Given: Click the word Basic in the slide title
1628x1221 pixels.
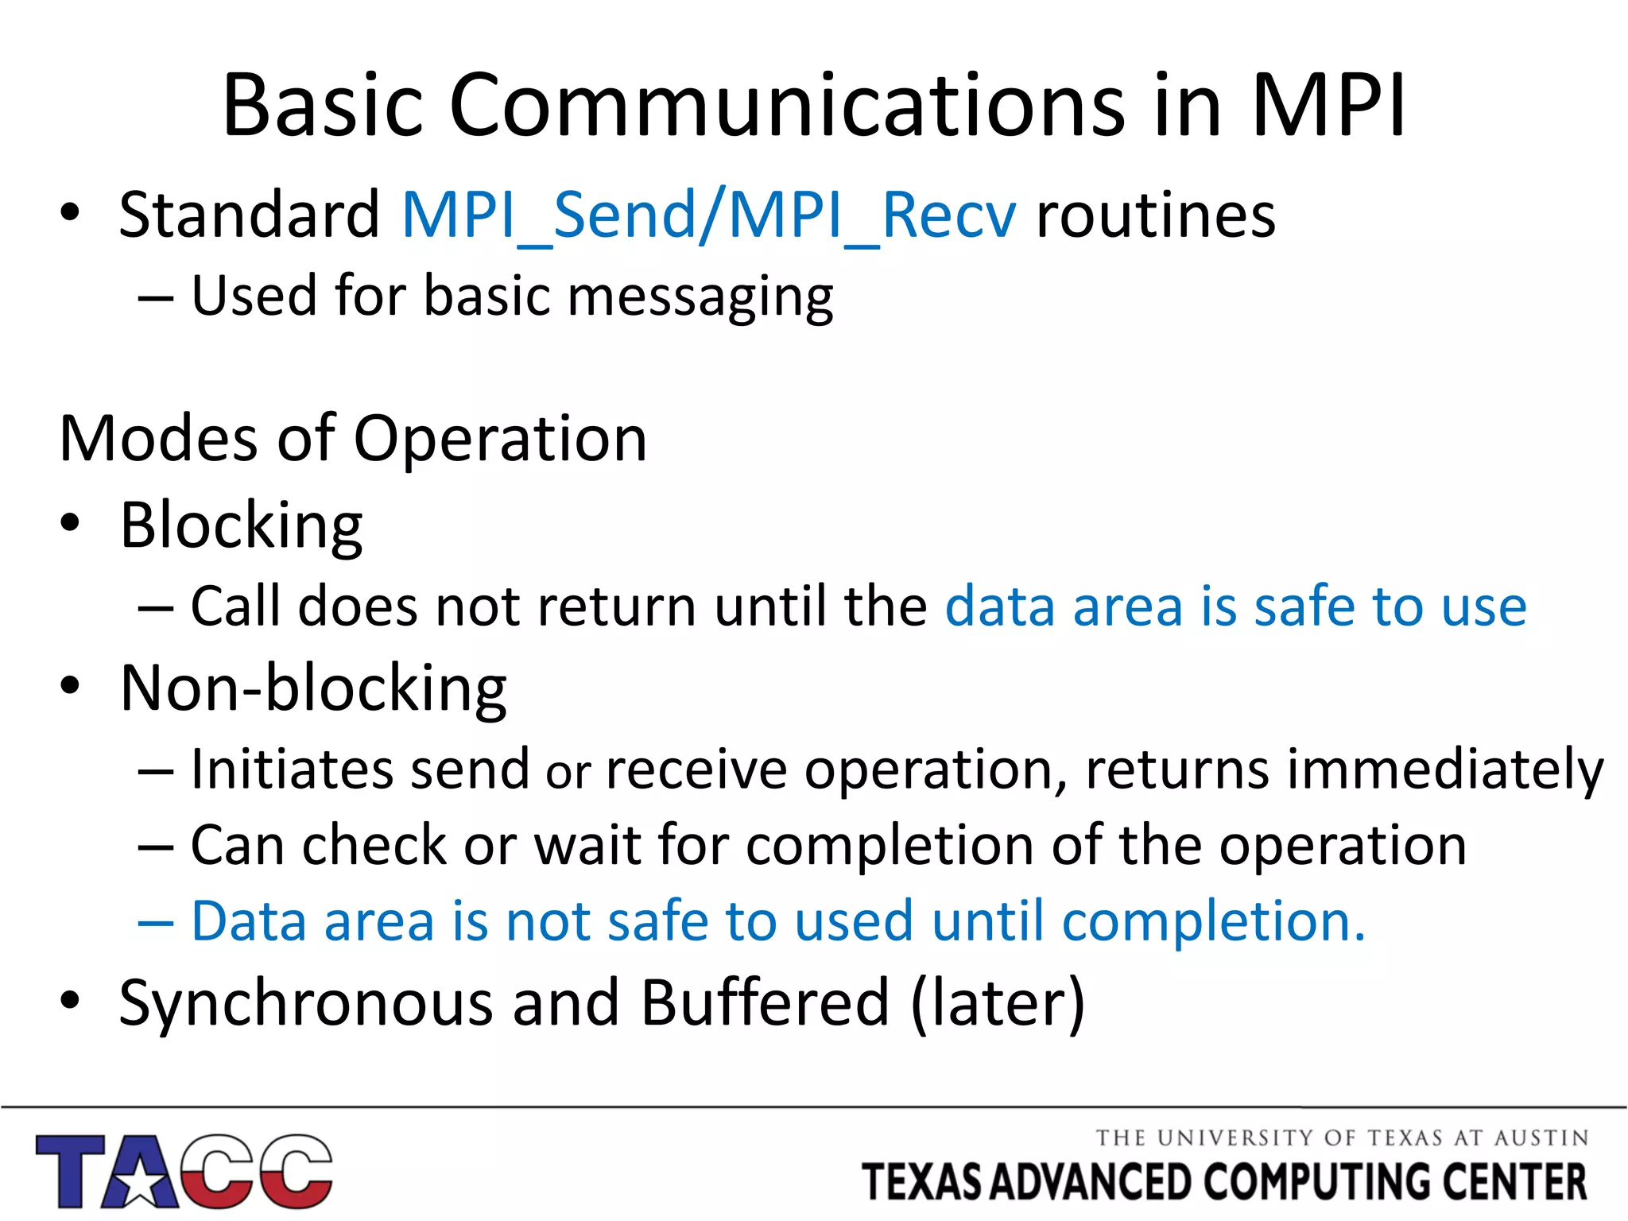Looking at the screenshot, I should [x=322, y=106].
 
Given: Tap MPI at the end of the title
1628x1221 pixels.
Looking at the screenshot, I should [x=1328, y=106].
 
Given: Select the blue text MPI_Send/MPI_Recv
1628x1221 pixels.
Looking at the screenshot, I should [x=708, y=216].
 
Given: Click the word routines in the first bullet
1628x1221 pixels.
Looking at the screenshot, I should [x=1155, y=216].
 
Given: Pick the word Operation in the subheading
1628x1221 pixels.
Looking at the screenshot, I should [x=500, y=440].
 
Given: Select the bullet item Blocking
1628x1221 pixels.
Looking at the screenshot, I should [x=241, y=526].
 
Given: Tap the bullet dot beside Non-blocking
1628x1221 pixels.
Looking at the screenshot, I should [x=70, y=685].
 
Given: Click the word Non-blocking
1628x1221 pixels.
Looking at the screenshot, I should [x=313, y=688].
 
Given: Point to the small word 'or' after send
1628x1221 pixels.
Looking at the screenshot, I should [x=568, y=773].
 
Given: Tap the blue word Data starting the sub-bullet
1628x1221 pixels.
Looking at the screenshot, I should [x=249, y=922].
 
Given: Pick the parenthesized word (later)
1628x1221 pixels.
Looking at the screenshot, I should [x=998, y=1003].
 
